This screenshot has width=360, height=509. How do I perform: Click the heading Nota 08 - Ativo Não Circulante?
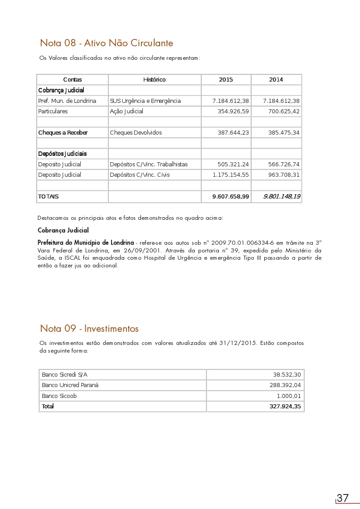click(107, 44)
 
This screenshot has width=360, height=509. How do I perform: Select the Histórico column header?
click(154, 80)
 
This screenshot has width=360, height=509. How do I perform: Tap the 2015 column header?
click(226, 80)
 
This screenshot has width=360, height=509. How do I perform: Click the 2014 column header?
click(276, 80)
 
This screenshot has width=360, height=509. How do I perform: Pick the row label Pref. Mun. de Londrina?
click(67, 101)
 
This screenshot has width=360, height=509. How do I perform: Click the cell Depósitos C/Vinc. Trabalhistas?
click(149, 165)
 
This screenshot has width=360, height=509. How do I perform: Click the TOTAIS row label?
click(49, 197)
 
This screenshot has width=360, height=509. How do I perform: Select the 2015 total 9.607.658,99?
click(231, 197)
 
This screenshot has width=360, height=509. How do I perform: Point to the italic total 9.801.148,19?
click(282, 197)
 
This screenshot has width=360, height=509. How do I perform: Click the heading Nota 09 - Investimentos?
click(89, 329)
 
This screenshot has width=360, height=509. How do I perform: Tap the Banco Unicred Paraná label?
click(70, 385)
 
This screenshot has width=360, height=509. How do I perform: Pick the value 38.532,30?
click(287, 375)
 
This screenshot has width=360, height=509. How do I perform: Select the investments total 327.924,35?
click(285, 407)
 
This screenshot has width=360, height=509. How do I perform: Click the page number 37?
click(343, 498)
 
